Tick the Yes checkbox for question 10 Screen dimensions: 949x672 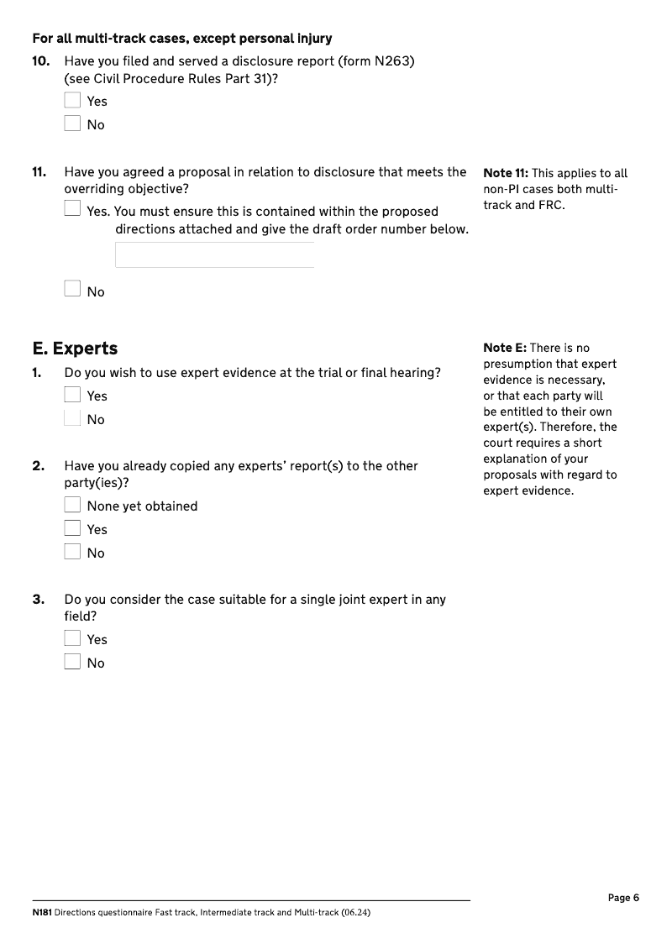[x=72, y=101]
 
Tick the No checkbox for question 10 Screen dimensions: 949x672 [x=72, y=124]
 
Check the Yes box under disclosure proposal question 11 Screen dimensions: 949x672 [x=72, y=208]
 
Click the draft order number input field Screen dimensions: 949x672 [x=214, y=255]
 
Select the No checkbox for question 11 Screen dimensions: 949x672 [x=72, y=289]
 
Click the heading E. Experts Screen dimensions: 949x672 [x=75, y=349]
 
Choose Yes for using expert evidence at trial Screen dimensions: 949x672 [x=72, y=395]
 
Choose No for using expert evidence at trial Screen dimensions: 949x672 [x=72, y=418]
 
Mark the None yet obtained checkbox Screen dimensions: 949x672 [x=72, y=505]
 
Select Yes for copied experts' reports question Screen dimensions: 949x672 [x=72, y=528]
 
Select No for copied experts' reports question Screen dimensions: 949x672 [x=72, y=552]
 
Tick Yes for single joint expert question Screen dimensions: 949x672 [x=72, y=638]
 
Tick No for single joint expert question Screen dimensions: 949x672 [x=72, y=662]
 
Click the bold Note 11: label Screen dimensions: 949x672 [x=506, y=174]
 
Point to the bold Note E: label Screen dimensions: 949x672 [x=505, y=348]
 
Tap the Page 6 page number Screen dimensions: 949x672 [x=623, y=898]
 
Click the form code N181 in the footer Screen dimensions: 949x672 [x=42, y=912]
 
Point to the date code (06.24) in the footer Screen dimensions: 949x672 [x=355, y=912]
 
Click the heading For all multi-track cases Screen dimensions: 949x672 [x=181, y=39]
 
